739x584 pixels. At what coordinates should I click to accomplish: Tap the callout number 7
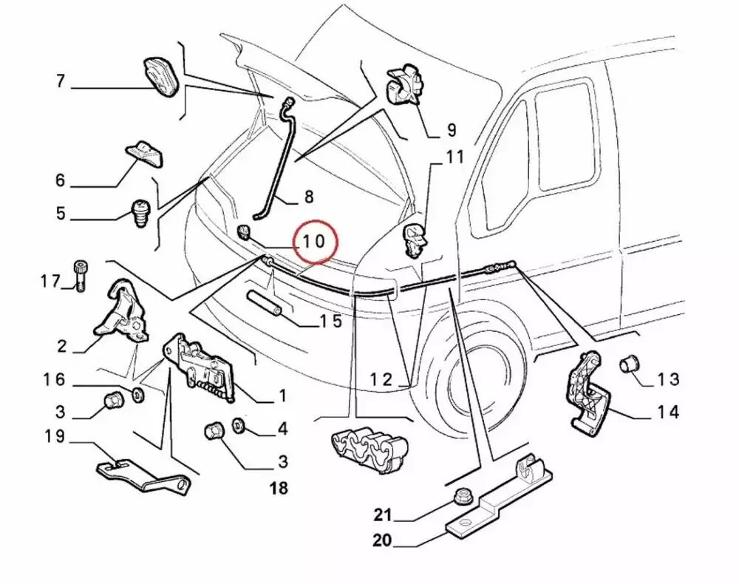[61, 81]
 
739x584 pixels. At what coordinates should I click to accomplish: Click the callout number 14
[667, 412]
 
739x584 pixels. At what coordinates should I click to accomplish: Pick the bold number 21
[381, 515]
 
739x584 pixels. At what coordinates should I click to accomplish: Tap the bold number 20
[381, 540]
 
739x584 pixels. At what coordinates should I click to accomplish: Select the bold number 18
[279, 488]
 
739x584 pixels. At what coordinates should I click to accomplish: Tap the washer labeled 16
[138, 392]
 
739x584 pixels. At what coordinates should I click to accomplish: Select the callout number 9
[451, 131]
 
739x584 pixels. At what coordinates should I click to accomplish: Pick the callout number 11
[454, 157]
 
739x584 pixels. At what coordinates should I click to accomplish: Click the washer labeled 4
[239, 426]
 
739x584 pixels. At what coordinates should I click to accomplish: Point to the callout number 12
[382, 379]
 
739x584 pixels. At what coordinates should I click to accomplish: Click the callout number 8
[308, 197]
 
